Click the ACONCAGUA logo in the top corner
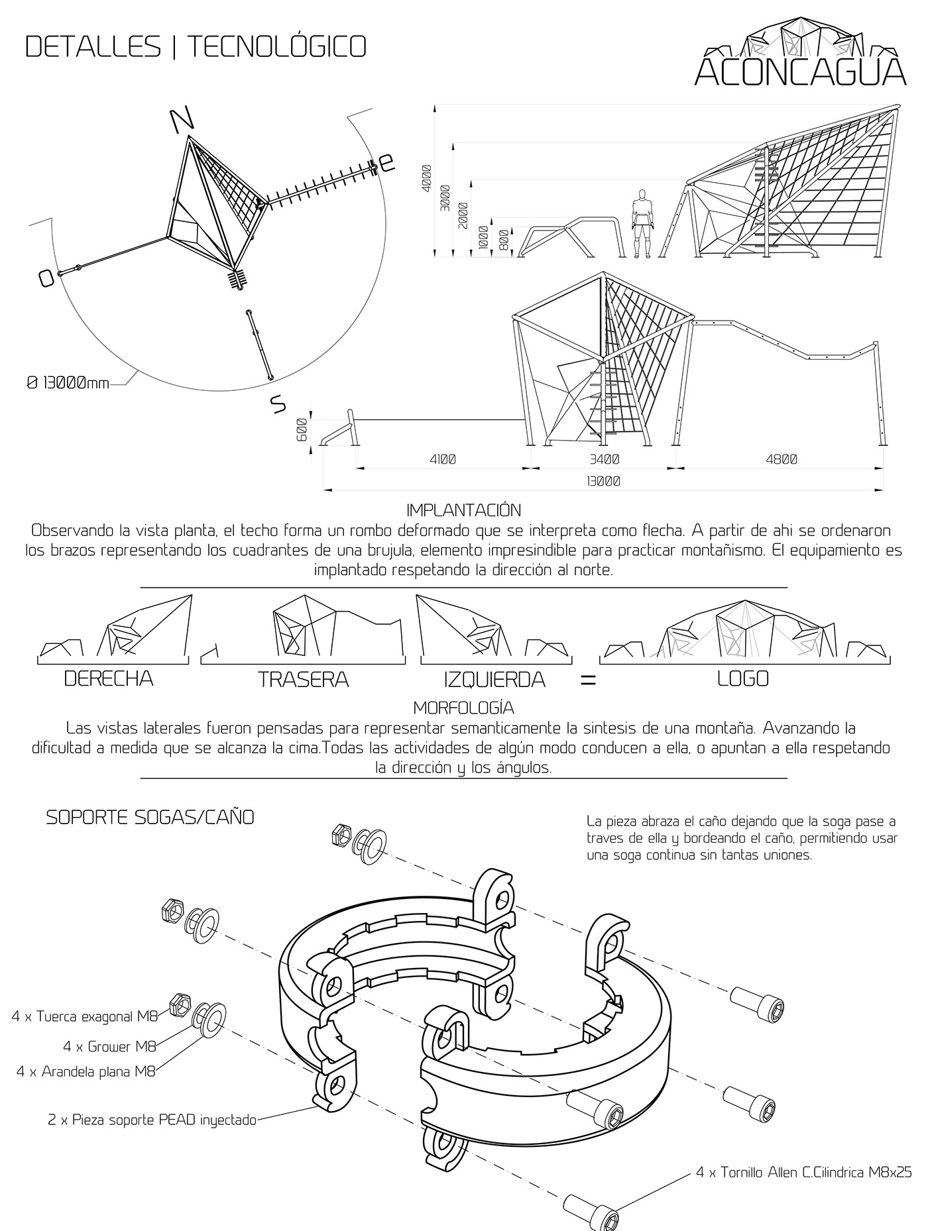coord(800,55)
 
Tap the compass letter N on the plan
coord(182,119)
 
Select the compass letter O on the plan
coord(45,278)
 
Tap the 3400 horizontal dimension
coord(603,458)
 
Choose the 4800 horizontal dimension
coord(781,458)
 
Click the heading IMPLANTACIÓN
coord(463,510)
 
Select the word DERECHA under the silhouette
coord(109,678)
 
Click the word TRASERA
coord(304,679)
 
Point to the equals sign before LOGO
coord(588,680)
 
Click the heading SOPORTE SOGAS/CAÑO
coord(150,818)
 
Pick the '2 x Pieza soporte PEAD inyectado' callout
coord(152,1120)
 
